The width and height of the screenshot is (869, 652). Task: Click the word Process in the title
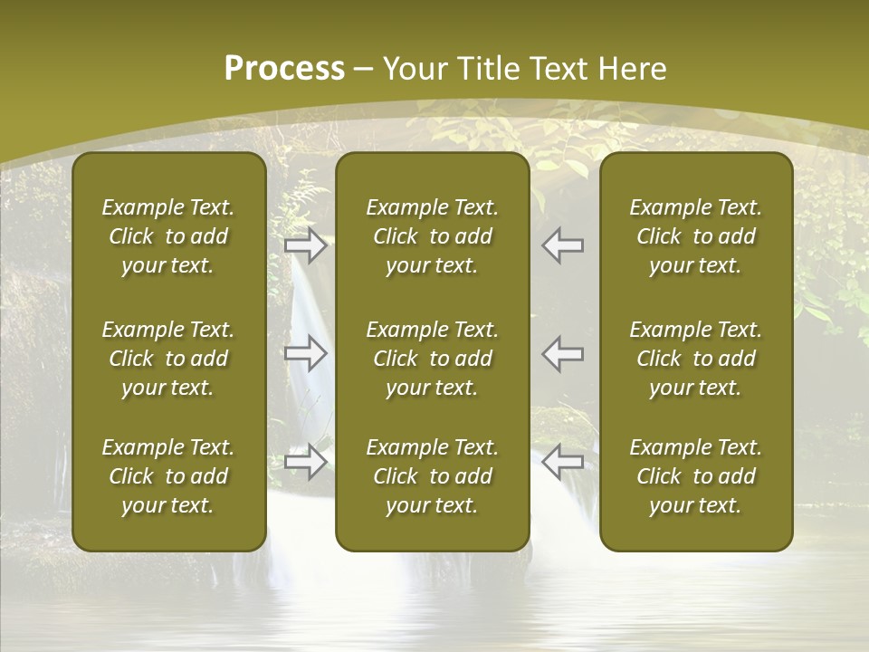[284, 69]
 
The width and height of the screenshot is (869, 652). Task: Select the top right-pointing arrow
[306, 245]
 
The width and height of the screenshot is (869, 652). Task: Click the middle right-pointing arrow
[306, 353]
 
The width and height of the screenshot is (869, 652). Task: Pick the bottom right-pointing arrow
[306, 462]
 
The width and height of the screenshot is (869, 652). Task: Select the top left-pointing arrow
[562, 245]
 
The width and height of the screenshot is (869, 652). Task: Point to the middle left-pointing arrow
[562, 353]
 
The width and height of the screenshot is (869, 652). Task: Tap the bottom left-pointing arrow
[562, 462]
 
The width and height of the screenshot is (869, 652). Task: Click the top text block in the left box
[168, 236]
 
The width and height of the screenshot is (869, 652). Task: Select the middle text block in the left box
[168, 359]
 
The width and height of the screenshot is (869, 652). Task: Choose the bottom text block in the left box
[168, 476]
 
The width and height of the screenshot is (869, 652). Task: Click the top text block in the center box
[433, 236]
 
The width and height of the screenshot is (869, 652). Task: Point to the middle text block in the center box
[433, 359]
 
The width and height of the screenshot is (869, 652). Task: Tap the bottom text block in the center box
[433, 476]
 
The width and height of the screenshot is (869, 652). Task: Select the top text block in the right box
[696, 236]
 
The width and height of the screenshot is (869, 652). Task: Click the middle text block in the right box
[696, 359]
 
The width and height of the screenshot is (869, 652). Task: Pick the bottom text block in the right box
[696, 476]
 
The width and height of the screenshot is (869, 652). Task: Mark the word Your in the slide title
[415, 69]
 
